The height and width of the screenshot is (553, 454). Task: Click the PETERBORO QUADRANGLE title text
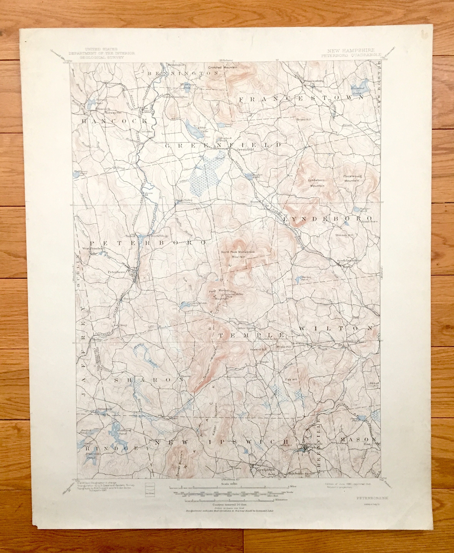[x=351, y=55]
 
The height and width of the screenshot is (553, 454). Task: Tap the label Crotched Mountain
[x=223, y=67]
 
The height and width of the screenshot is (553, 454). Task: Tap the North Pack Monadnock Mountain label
[x=237, y=254]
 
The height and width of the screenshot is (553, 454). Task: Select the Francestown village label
[x=314, y=81]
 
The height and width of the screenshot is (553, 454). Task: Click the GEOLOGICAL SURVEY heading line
[x=102, y=57]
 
